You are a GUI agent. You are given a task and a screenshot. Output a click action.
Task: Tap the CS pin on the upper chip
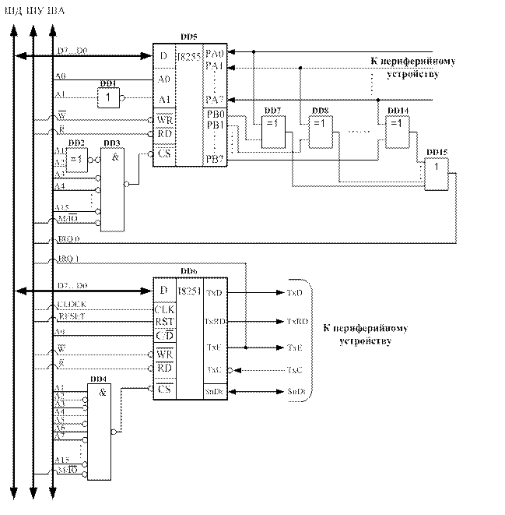tap(164, 154)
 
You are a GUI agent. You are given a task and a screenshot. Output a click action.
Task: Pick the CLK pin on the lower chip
tap(163, 308)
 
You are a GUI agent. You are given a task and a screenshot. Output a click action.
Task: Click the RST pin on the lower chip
tap(163, 319)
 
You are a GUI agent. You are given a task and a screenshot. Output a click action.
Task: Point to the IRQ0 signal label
tap(68, 237)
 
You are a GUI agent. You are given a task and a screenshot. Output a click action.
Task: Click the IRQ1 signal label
tap(68, 258)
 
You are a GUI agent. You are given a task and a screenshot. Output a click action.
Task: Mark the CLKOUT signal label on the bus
tap(71, 303)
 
